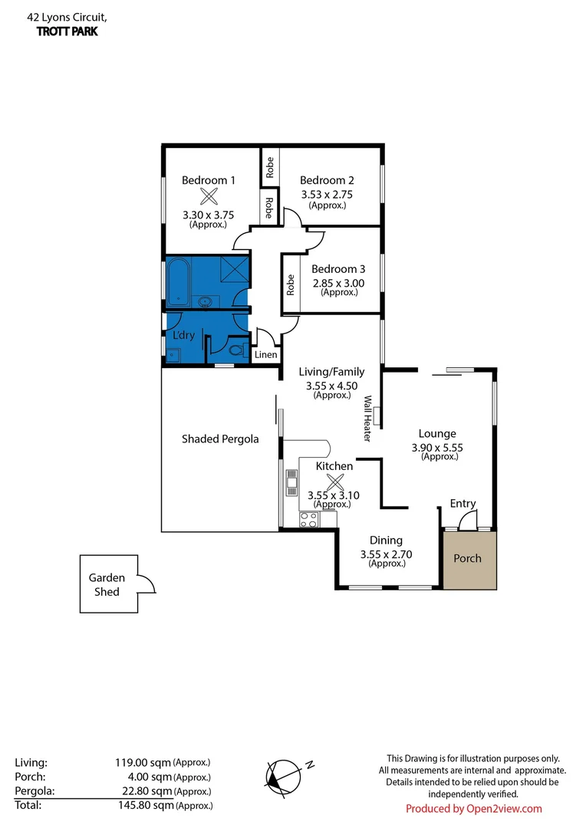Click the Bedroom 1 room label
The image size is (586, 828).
point(208,180)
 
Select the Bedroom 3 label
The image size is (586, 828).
point(338,269)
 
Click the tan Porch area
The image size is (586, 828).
point(468,559)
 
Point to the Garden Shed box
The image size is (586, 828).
point(108,584)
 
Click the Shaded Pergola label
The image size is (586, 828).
point(220,439)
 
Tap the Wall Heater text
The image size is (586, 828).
point(367,419)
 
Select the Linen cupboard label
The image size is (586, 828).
point(265,355)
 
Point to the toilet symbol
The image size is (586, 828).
point(236,352)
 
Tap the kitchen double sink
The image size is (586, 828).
point(291,483)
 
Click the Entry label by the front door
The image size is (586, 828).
point(463,504)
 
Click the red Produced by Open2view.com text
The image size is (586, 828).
point(473,809)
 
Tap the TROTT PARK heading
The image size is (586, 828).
point(67,31)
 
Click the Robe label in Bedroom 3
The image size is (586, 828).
point(291,285)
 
